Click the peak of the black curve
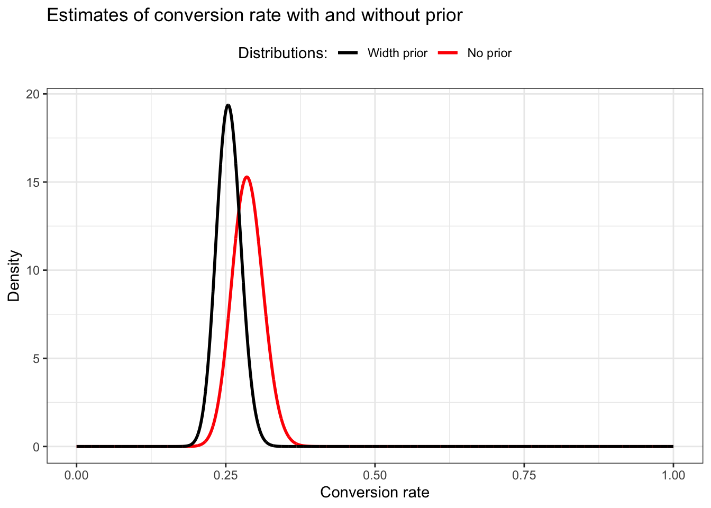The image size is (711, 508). point(228,105)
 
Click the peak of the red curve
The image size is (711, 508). point(247,177)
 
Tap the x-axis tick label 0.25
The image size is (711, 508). point(225,475)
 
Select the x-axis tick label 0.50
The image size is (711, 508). point(375,475)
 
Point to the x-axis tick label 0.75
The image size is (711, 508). point(524,475)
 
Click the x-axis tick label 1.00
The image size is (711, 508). point(673,475)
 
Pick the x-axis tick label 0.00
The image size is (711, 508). point(76,475)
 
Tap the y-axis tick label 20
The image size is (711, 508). point(33,94)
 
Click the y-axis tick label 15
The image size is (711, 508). point(33,182)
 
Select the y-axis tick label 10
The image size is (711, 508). point(33,270)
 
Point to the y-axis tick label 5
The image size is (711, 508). point(36,358)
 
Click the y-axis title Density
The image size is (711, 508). point(14,276)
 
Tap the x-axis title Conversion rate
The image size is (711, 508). point(375,493)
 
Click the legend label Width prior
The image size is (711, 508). point(397,53)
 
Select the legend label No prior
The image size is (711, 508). point(489,53)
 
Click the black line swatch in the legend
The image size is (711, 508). point(348,53)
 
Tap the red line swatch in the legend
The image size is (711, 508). point(448,53)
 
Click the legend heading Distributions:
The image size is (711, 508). point(283,53)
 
